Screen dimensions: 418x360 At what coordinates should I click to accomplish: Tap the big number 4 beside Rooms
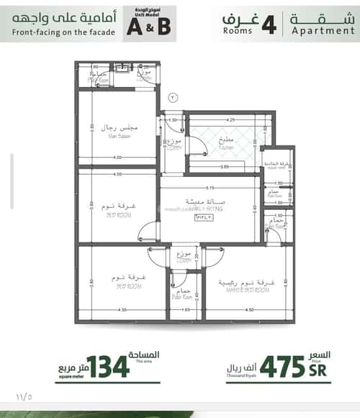point(269,24)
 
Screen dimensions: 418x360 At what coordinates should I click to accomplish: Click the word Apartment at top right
point(323,32)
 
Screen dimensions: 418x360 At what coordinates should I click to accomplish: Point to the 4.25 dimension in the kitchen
point(231,119)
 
